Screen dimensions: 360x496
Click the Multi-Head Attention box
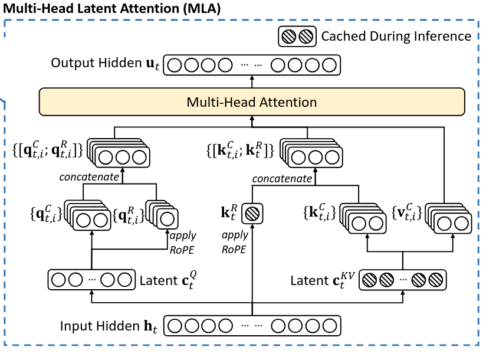tap(252, 102)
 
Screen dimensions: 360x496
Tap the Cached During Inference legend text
tap(396, 37)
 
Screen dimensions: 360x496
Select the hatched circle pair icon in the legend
tap(297, 37)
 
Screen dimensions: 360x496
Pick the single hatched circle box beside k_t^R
tap(252, 213)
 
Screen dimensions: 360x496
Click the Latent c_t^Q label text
tap(167, 280)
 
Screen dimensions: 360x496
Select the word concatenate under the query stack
tap(89, 176)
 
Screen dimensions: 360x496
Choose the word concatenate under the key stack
tap(282, 179)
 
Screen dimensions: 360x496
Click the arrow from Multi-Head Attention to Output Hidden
tap(252, 81)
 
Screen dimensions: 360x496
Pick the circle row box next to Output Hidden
tap(252, 64)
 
